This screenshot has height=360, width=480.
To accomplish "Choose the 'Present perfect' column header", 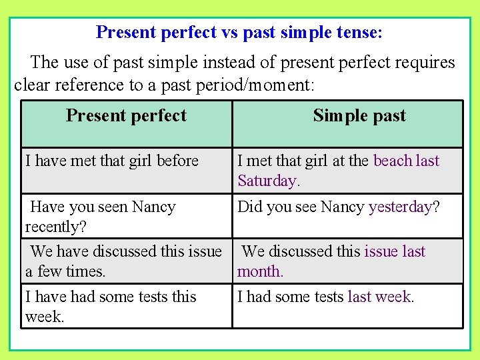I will (126, 115).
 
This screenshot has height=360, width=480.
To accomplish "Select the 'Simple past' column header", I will (359, 115).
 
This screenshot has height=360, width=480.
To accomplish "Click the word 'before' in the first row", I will (177, 161).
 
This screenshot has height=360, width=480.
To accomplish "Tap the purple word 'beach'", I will (393, 161).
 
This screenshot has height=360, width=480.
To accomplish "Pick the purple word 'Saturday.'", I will (269, 181).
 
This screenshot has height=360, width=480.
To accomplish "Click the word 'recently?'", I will (56, 227).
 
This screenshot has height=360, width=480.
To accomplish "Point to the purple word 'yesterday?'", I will (404, 207).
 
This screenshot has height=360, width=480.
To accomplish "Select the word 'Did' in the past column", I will (250, 207).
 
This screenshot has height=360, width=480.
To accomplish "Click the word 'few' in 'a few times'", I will (49, 271).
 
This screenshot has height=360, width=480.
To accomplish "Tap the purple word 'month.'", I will (261, 271).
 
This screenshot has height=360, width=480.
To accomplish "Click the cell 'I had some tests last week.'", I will (326, 297).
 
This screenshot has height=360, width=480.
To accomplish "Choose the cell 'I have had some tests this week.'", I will (111, 306).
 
